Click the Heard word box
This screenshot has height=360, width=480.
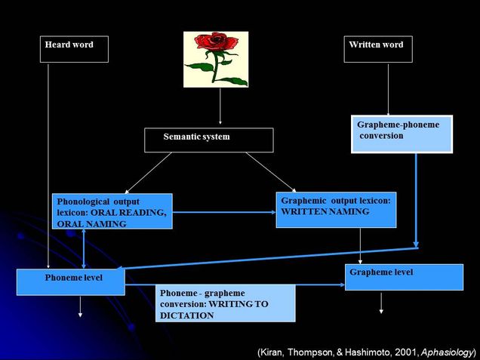point(74,49)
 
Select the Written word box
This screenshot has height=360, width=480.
point(376,49)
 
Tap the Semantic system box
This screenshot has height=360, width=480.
point(208,140)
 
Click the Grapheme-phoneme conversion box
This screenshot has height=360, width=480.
point(402,134)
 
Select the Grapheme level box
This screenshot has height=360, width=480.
point(404,277)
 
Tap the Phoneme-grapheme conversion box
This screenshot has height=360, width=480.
point(225,303)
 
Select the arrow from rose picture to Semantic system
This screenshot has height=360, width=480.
point(220,106)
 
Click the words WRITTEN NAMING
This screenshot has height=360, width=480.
point(325,212)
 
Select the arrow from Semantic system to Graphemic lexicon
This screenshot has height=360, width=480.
point(270,171)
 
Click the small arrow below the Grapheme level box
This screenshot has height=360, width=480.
point(381,302)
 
